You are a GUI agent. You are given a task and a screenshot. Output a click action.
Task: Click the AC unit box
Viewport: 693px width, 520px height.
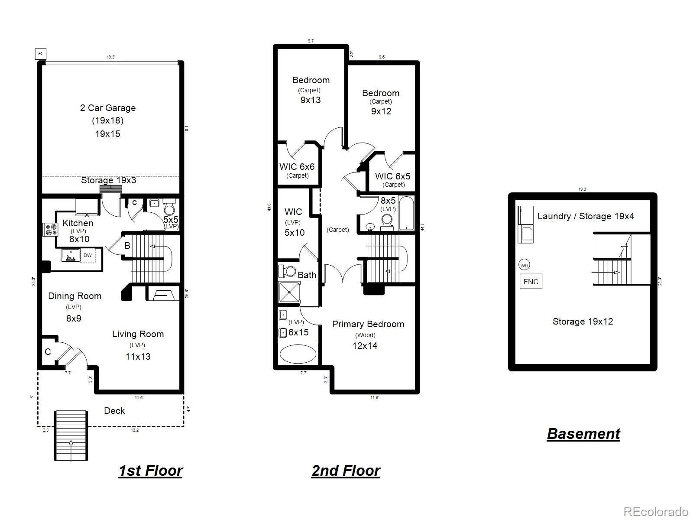point(40,54)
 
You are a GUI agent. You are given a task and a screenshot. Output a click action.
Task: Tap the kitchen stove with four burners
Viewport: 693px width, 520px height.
point(50,229)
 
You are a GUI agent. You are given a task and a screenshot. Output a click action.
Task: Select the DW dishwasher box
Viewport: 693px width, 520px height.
point(88,255)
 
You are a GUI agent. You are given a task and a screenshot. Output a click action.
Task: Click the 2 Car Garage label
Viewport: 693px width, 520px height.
point(108,108)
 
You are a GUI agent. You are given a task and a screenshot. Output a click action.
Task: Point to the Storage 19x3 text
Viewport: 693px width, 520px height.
point(108,180)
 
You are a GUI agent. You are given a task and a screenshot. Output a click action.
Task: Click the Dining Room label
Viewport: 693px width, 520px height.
point(74,296)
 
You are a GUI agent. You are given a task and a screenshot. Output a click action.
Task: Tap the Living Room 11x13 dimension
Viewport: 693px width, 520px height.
point(138,357)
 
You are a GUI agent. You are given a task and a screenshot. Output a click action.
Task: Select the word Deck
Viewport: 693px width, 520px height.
point(114,411)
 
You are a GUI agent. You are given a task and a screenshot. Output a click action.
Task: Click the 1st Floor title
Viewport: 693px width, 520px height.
point(150,471)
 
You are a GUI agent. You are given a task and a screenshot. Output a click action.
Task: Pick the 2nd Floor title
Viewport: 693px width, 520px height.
point(346,471)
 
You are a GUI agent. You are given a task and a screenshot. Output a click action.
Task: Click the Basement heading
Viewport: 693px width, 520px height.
point(583,434)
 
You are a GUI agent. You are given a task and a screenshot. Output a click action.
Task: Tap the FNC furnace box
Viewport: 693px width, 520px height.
point(531,282)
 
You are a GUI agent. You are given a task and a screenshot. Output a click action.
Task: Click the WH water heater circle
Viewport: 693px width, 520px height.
point(524,266)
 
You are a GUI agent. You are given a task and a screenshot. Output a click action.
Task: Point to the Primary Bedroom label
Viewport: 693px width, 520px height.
point(368,324)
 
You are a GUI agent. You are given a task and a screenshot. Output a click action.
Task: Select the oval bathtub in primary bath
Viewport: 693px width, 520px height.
point(298,354)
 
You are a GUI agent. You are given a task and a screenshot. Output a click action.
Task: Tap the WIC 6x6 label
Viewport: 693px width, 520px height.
point(297,167)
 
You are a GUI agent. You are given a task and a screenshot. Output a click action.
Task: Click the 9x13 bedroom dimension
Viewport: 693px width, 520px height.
point(311,100)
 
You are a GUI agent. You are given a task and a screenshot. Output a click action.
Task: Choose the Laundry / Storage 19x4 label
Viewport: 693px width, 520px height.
point(586,216)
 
